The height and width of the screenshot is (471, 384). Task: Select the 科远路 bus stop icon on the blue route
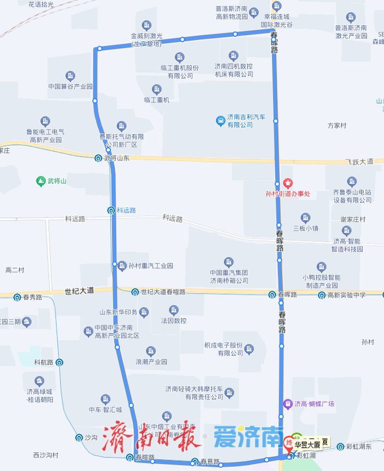(x=111, y=210)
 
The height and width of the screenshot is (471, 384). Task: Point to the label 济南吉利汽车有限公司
(x=240, y=121)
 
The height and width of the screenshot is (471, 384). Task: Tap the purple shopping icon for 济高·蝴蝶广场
(x=286, y=404)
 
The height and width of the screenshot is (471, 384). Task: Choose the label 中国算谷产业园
(x=70, y=86)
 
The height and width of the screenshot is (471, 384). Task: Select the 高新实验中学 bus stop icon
(x=322, y=295)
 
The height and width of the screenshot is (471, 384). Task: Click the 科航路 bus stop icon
(x=59, y=362)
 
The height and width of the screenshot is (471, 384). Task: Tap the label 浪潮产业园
(x=151, y=362)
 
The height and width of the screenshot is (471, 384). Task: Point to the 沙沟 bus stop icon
(x=79, y=438)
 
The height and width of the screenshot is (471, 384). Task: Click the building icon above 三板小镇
(x=306, y=217)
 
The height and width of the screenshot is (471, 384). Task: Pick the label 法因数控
(x=174, y=320)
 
